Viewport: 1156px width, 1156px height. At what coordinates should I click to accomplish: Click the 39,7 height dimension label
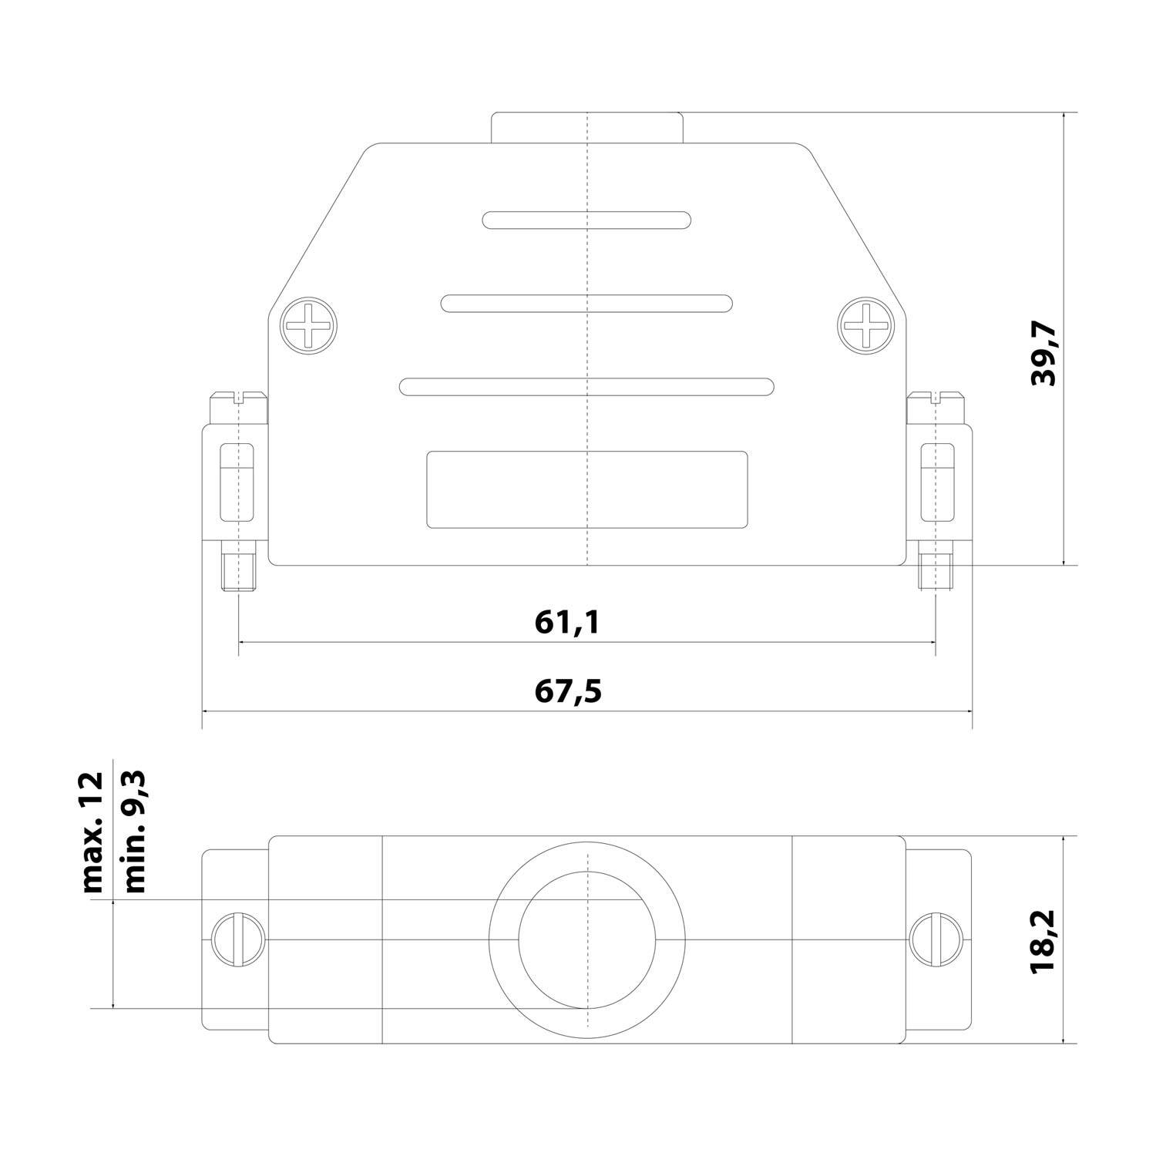(1045, 355)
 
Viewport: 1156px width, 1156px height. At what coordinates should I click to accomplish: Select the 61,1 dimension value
(567, 622)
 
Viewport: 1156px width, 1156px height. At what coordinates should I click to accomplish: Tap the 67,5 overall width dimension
(568, 691)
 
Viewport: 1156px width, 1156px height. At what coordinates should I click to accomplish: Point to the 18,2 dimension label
(1045, 939)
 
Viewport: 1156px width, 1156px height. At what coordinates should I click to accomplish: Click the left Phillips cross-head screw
(309, 327)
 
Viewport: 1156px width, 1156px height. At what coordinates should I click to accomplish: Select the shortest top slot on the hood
(586, 220)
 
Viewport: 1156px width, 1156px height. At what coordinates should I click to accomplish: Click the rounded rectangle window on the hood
(586, 490)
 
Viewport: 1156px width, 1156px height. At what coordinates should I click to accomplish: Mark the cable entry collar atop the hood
(586, 128)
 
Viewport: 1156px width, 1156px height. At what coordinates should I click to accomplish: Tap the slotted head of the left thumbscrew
(239, 398)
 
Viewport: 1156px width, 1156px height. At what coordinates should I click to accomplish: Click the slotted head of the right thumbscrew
(936, 398)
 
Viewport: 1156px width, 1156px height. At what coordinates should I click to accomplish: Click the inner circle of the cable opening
(586, 940)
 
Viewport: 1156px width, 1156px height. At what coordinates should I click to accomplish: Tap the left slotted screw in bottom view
(238, 939)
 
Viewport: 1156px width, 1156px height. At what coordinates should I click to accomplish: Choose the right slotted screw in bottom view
(936, 939)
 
